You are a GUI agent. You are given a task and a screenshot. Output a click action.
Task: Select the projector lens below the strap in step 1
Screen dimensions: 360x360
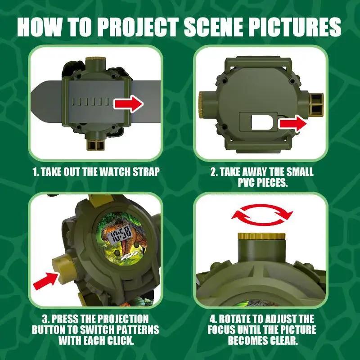click(x=96, y=144)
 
